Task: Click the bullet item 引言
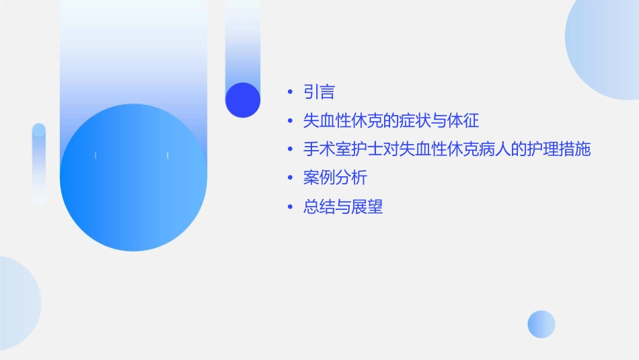(319, 92)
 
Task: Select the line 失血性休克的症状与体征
(391, 121)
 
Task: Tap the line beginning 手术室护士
(447, 149)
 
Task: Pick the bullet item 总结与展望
(343, 207)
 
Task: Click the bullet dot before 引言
(289, 93)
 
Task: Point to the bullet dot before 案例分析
(289, 179)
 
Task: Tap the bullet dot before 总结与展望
(289, 208)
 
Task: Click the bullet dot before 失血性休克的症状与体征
(289, 122)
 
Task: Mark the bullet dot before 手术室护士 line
(289, 150)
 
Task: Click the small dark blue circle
(243, 100)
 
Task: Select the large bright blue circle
(133, 178)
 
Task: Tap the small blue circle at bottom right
(541, 324)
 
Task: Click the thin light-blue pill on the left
(39, 164)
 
